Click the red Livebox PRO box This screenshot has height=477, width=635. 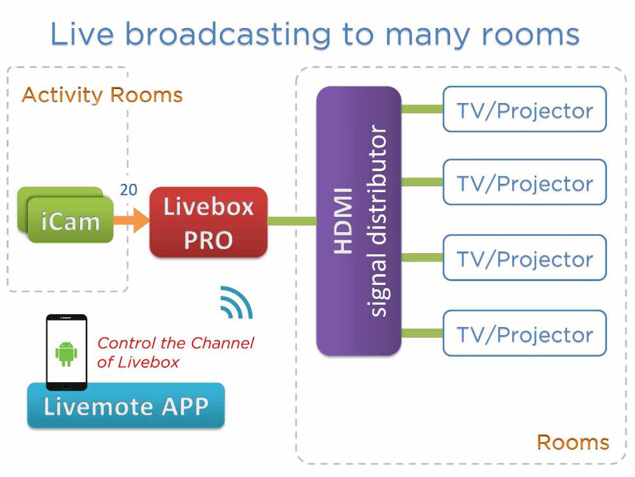208,222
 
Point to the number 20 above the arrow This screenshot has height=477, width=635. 128,190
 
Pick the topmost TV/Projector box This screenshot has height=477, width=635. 524,109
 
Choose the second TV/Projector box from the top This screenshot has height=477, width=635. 524,183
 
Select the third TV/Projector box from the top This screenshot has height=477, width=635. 524,258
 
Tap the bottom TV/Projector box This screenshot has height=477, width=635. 524,333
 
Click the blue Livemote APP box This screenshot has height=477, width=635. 126,406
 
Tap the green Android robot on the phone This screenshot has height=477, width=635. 66,354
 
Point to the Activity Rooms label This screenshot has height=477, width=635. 102,95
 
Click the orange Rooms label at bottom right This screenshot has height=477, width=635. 573,442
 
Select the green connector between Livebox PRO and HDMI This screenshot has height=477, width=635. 292,221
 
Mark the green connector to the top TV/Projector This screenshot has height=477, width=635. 421,109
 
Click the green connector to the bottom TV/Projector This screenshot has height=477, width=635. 421,333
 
